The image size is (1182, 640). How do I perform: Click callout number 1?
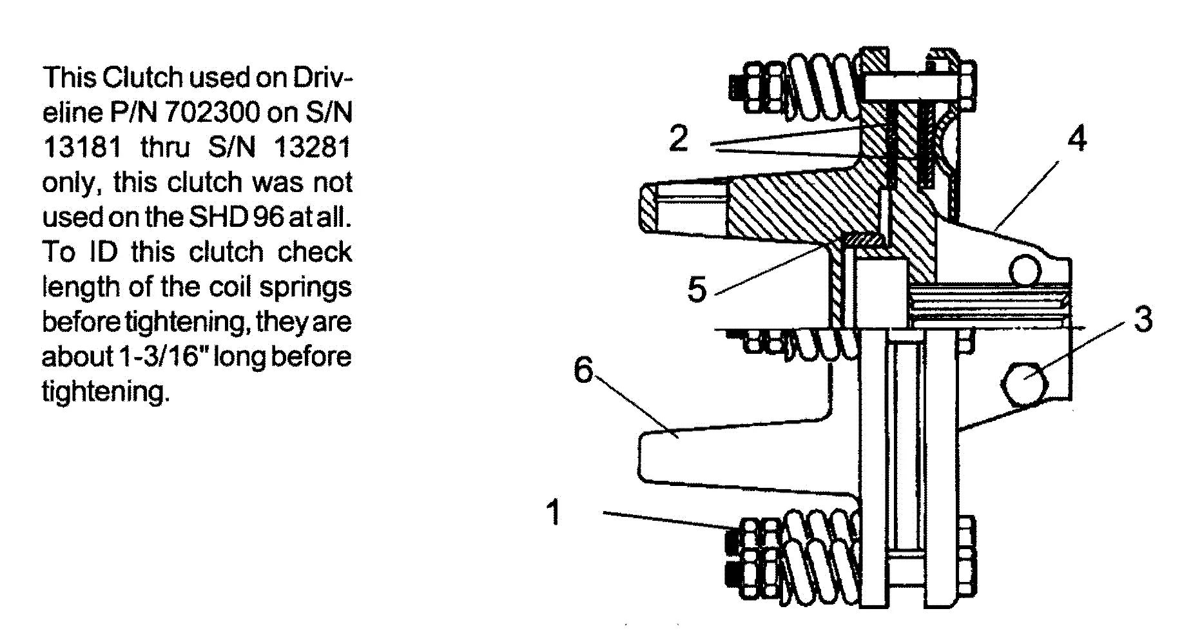point(553,512)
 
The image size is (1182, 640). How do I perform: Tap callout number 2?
point(678,138)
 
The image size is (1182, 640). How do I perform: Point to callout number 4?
point(1076,139)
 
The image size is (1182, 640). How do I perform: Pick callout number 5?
point(697,289)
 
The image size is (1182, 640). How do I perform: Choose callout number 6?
point(583,371)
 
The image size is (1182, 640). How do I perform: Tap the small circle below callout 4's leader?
point(1025,270)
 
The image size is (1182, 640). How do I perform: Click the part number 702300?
point(211,113)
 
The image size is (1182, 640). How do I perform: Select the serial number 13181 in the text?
point(82,148)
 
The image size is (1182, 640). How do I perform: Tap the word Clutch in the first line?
point(142,78)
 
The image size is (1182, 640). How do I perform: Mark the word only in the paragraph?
point(69,182)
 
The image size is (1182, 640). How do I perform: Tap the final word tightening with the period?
point(106,391)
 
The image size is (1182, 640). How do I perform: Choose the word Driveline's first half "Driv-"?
point(322,78)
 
